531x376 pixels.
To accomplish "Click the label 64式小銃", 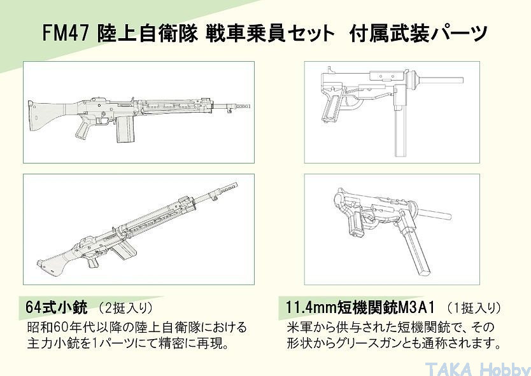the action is click(x=56, y=307).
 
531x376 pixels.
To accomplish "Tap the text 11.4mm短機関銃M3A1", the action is click(x=360, y=307).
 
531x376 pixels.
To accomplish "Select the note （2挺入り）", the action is click(x=125, y=308).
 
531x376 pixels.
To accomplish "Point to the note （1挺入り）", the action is click(x=474, y=308).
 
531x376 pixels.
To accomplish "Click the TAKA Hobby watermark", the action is click(x=478, y=369).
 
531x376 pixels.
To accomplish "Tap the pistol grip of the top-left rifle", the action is click(x=83, y=129).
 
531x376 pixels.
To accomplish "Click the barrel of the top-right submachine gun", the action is click(x=440, y=80).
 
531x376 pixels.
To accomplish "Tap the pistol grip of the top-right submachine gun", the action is click(x=332, y=108).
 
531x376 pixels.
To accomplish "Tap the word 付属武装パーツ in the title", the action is click(x=418, y=34).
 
